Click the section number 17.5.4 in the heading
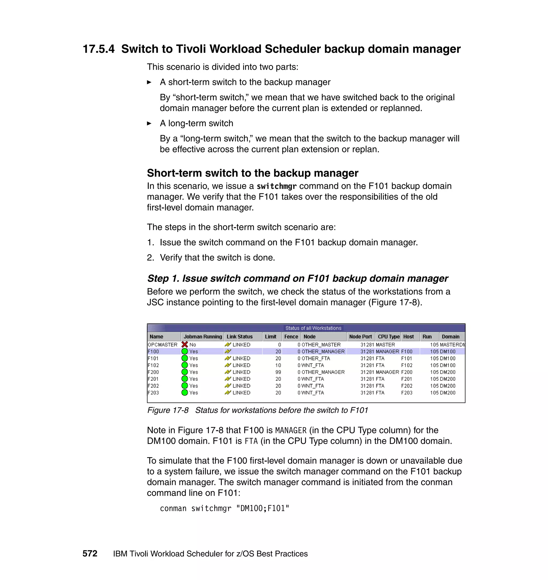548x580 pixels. click(98, 49)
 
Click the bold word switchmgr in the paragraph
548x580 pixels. click(276, 186)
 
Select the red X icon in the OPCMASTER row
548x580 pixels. click(185, 345)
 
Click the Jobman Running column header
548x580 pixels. click(203, 337)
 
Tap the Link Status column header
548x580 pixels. click(239, 337)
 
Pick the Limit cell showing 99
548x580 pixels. click(278, 372)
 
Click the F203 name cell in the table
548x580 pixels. click(153, 392)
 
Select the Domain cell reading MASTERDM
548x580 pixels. click(452, 345)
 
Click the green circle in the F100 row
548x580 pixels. click(185, 351)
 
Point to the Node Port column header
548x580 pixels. click(360, 337)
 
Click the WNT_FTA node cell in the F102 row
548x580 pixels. click(313, 365)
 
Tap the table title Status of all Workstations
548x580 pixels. click(313, 328)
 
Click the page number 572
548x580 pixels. click(90, 554)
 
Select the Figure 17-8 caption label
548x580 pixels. click(168, 410)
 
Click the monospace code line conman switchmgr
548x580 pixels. click(224, 509)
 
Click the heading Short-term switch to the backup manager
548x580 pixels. click(252, 173)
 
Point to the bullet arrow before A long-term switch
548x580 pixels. click(149, 124)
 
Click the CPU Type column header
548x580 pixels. click(388, 337)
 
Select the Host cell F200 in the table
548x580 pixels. click(407, 372)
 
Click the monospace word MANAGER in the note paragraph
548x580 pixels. click(291, 430)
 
